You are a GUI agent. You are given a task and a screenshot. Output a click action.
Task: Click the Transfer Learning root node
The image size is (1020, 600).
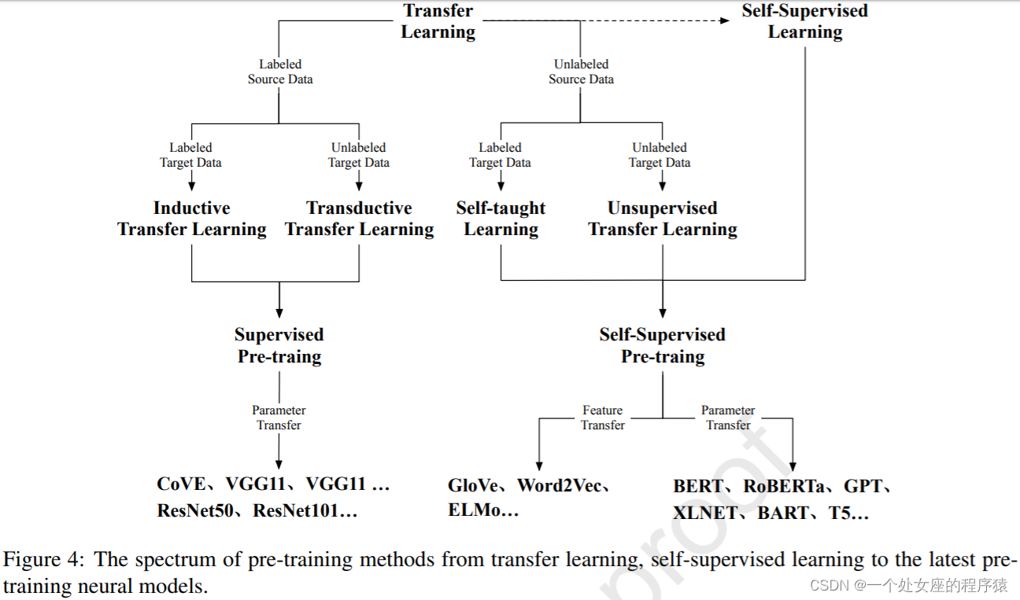pyautogui.click(x=438, y=21)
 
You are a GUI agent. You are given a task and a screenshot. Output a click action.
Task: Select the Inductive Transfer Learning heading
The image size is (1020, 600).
pyautogui.click(x=191, y=219)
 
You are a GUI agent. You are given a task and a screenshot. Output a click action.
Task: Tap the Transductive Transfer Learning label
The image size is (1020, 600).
pyautogui.click(x=359, y=219)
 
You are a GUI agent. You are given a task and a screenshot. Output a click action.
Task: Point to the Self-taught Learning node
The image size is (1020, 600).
pyautogui.click(x=501, y=219)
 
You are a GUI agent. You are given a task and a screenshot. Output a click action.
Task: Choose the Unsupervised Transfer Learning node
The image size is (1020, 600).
pyautogui.click(x=663, y=219)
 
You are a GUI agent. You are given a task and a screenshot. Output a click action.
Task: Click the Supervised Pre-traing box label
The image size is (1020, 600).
pyautogui.click(x=279, y=345)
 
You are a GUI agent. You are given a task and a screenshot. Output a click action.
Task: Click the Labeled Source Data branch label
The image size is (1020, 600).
pyautogui.click(x=280, y=72)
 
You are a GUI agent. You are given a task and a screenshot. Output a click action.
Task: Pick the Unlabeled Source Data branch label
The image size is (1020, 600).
pyautogui.click(x=581, y=72)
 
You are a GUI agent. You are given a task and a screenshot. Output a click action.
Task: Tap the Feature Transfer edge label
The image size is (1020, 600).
pyautogui.click(x=603, y=418)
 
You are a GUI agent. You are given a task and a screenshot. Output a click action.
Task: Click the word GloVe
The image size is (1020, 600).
pyautogui.click(x=474, y=485)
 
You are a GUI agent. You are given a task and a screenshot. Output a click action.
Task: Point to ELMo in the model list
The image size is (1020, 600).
pyautogui.click(x=475, y=510)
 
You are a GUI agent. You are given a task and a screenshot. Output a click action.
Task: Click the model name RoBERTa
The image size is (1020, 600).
pyautogui.click(x=784, y=486)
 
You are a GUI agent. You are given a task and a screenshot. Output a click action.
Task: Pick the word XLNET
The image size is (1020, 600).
pyautogui.click(x=705, y=513)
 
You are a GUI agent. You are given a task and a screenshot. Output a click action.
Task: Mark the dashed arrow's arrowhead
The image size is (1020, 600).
pyautogui.click(x=725, y=20)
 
